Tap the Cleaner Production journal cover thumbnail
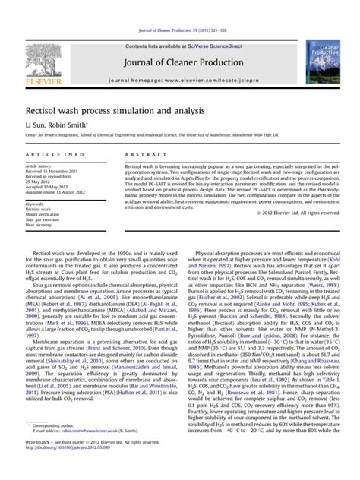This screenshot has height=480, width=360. coord(323,62)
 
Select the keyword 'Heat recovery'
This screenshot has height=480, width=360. coord(39,225)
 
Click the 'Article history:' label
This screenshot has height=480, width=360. coord(39,165)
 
